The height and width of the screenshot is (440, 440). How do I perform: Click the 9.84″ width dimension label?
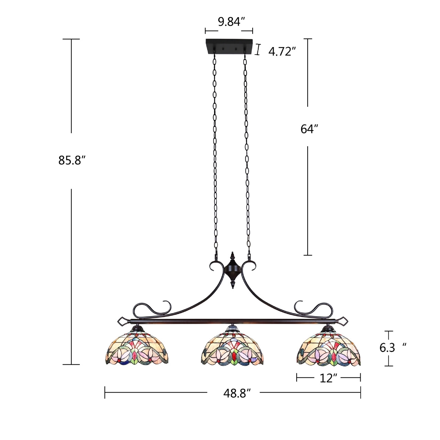(230, 22)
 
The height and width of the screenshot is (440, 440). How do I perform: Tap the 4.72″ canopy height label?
(282, 52)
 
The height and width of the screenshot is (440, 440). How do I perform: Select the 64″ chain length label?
(309, 129)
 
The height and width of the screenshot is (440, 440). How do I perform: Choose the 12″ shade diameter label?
(328, 378)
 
